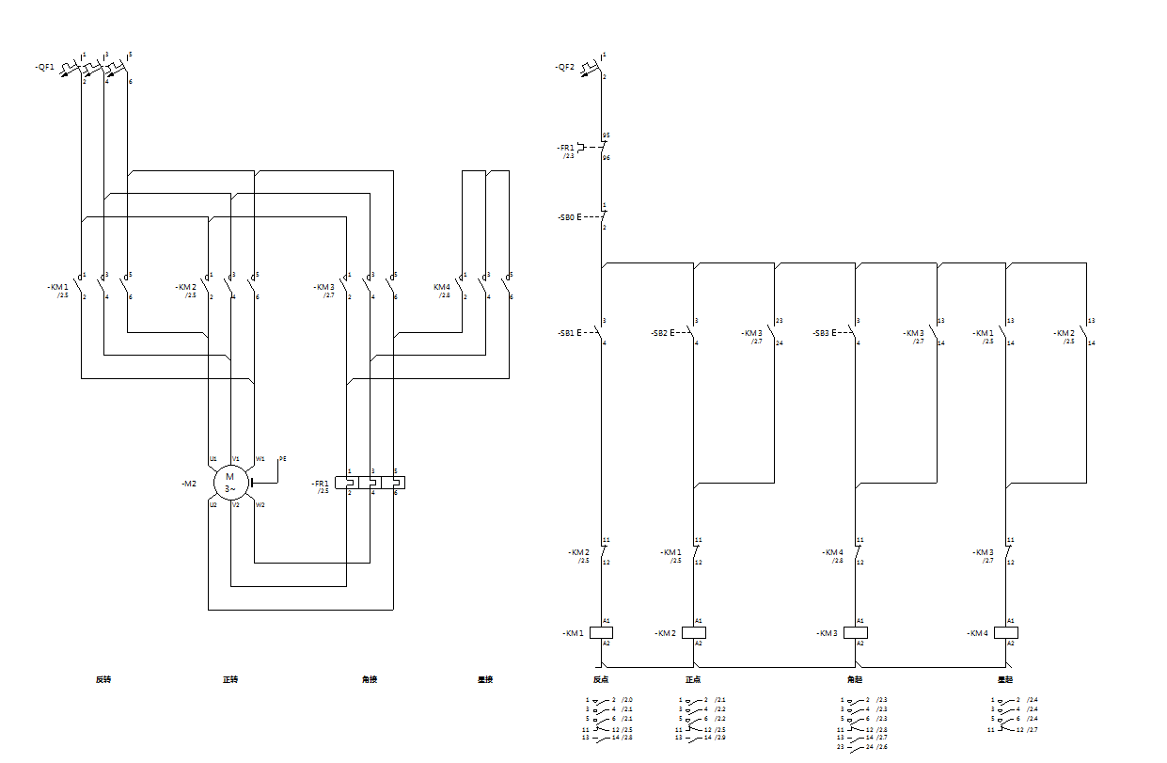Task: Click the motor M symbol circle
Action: tap(229, 483)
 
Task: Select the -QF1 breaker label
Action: tap(45, 67)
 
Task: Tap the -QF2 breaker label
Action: tap(564, 67)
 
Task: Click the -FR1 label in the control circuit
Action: tap(565, 148)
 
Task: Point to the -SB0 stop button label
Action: tap(565, 217)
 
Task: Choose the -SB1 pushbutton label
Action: tap(565, 333)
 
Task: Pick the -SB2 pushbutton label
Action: tap(658, 333)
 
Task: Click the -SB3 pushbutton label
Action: tap(821, 333)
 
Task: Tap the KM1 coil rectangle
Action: tap(601, 632)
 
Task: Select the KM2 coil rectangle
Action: tap(694, 632)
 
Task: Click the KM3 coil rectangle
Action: tap(856, 632)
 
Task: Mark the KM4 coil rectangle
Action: tap(1006, 632)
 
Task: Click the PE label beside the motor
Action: tap(282, 458)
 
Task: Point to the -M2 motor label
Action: tap(189, 483)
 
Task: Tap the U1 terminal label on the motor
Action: tap(213, 459)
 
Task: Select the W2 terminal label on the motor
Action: tap(260, 505)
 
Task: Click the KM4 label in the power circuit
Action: tap(441, 286)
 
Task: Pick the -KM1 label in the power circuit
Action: tap(57, 286)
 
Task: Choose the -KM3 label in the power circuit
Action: tap(324, 286)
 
